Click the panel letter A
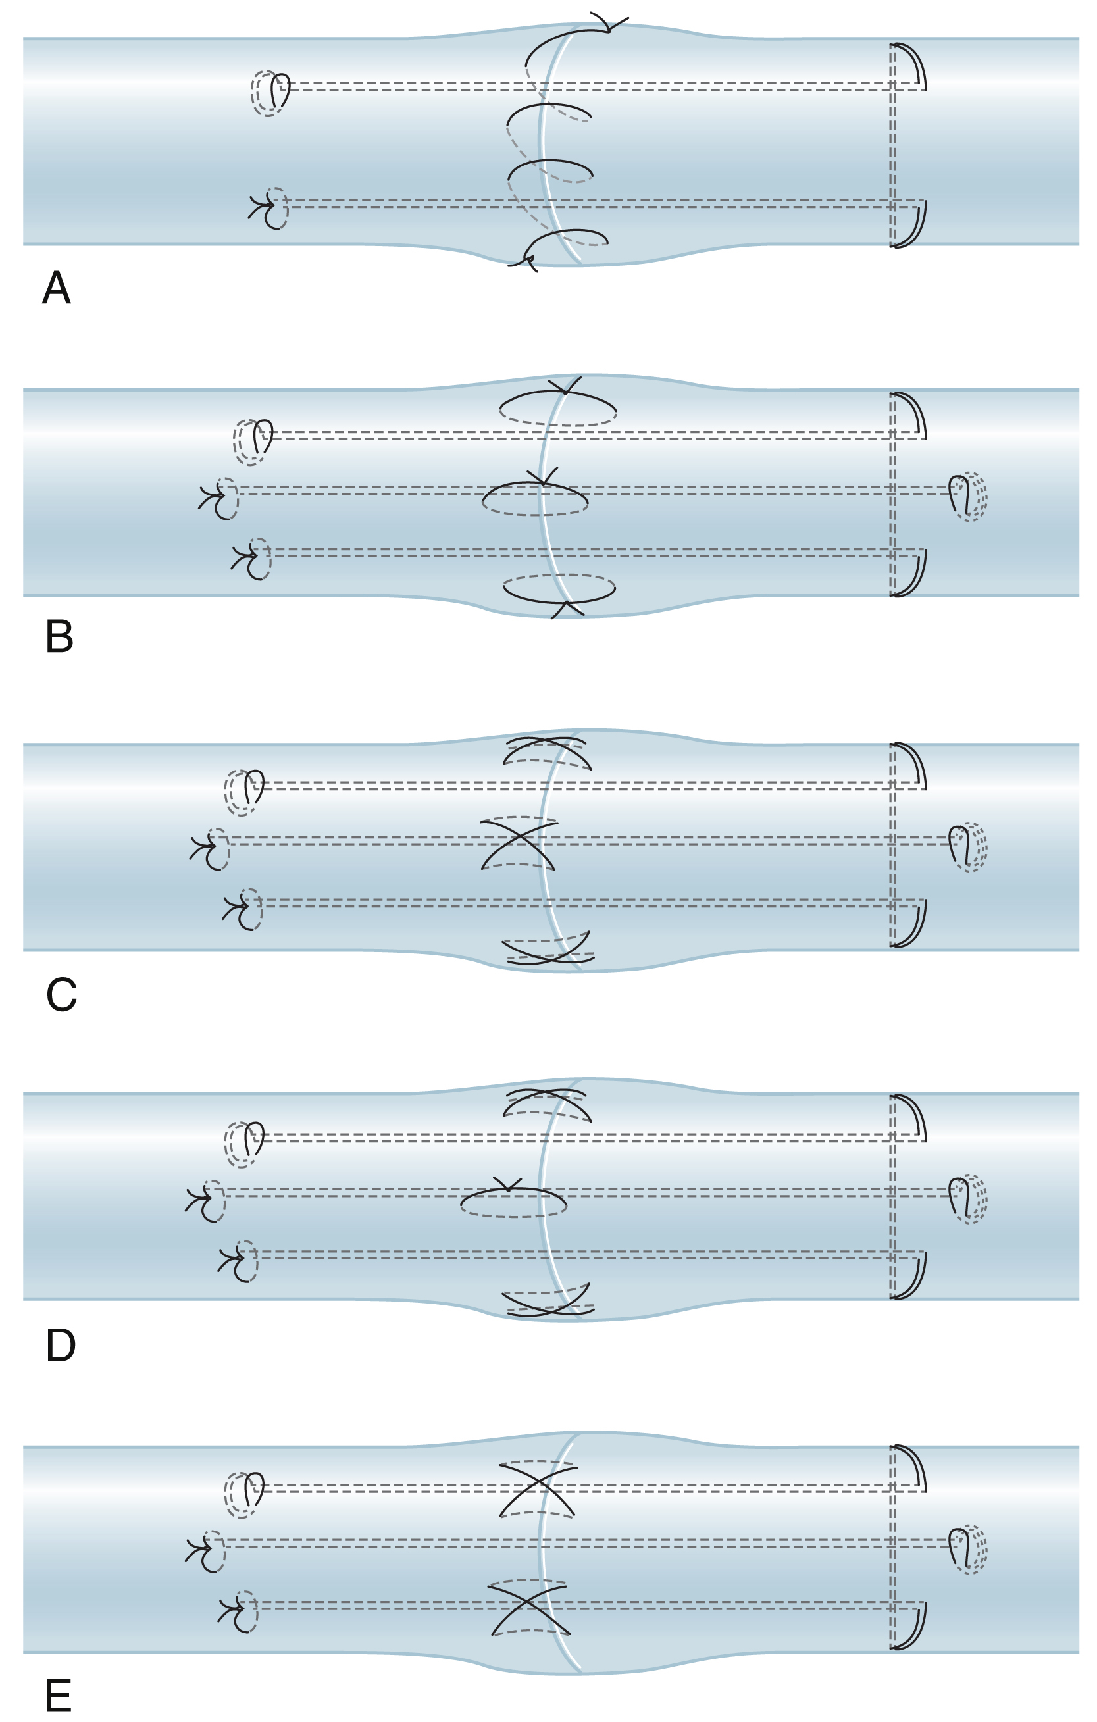(57, 288)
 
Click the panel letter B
(59, 636)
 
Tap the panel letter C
(61, 995)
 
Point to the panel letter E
(58, 1696)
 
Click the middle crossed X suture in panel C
(519, 844)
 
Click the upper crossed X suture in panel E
(537, 1488)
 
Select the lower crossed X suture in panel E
(529, 1607)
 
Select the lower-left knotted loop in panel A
(270, 208)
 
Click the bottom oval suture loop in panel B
(559, 591)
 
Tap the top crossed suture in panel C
(547, 751)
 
